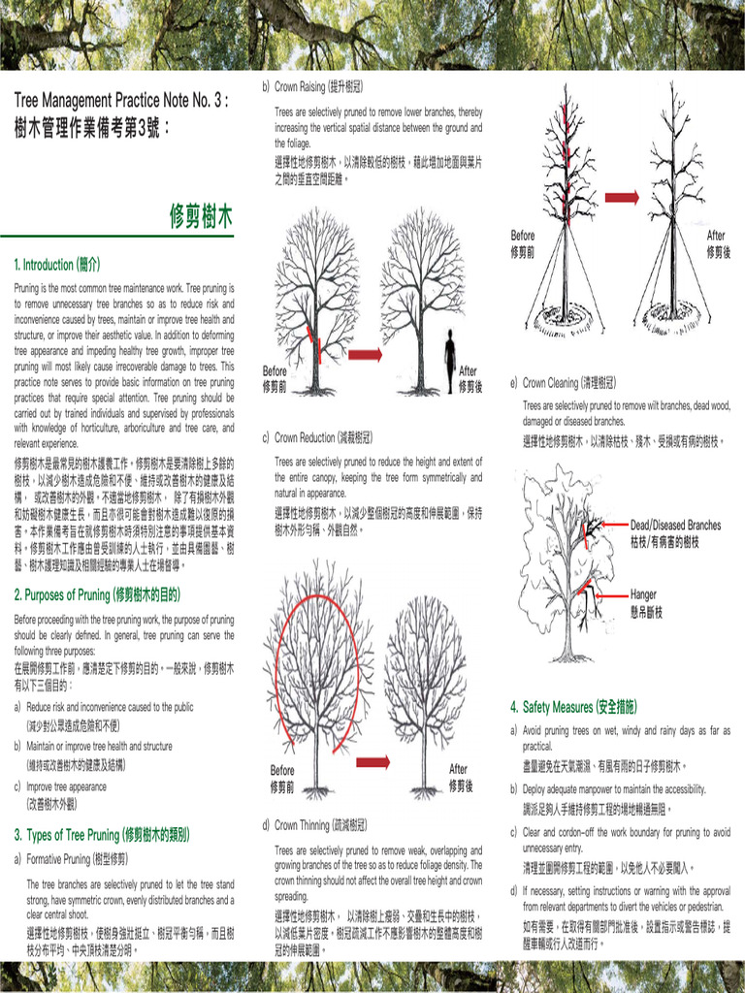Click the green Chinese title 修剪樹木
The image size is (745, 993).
pos(201,216)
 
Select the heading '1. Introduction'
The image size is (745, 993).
pos(57,264)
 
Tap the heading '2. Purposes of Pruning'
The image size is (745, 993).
pos(97,594)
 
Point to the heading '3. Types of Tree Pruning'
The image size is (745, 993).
pos(102,834)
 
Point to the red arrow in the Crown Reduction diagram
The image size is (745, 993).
pos(372,762)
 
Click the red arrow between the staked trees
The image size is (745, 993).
pos(622,198)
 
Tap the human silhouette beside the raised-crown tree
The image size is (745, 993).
pos(450,357)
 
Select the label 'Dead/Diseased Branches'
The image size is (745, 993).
pos(675,525)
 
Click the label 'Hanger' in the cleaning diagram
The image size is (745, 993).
pos(643,594)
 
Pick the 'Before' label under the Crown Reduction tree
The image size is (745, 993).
pos(282,770)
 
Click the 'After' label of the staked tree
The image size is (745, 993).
pos(716,236)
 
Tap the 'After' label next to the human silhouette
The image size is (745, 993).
pos(469,371)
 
